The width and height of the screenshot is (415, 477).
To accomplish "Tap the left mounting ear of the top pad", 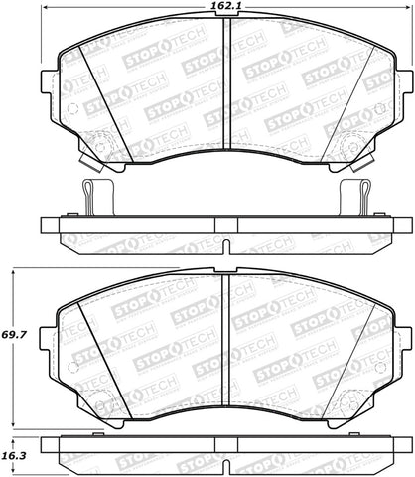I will click(48, 85).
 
